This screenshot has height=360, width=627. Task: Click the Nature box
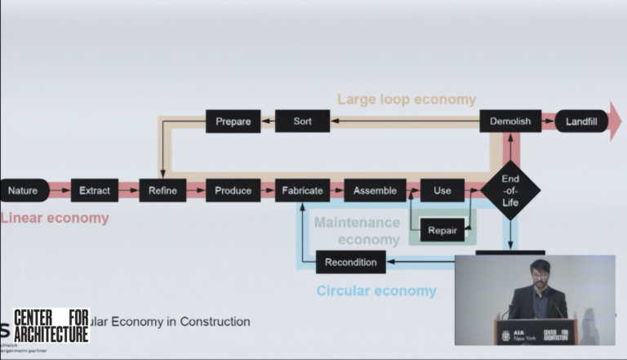(x=24, y=190)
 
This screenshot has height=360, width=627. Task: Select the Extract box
(x=95, y=190)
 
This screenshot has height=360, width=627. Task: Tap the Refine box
(x=163, y=190)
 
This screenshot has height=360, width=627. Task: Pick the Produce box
(x=233, y=190)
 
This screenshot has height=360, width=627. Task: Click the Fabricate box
(x=302, y=190)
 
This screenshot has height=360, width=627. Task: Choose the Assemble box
(x=376, y=190)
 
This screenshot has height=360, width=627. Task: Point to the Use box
(x=442, y=190)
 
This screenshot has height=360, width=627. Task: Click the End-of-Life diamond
(x=510, y=190)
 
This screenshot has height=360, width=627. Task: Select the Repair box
(x=442, y=230)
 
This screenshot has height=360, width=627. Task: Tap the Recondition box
(x=351, y=262)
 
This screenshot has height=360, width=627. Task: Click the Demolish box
(x=510, y=122)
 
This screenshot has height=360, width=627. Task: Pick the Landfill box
(x=581, y=122)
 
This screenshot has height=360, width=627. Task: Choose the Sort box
(x=302, y=122)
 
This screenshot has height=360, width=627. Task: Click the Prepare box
(x=233, y=122)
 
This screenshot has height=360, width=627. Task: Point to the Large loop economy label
(x=407, y=100)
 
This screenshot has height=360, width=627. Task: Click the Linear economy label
(x=54, y=218)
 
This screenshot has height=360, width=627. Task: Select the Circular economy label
(x=376, y=291)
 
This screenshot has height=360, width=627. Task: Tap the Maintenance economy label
(x=358, y=230)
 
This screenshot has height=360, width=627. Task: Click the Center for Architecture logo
(x=51, y=325)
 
